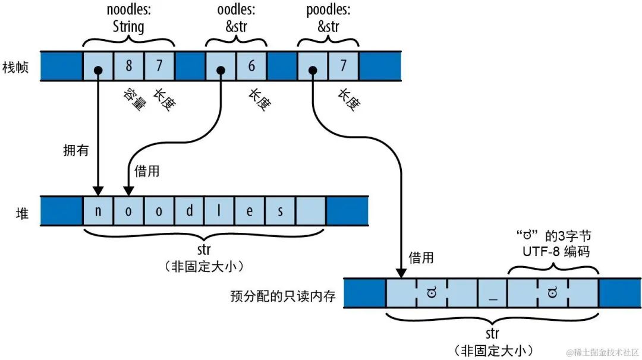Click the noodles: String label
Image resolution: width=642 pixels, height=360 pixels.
(128, 18)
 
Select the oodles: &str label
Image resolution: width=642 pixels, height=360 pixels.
(235, 18)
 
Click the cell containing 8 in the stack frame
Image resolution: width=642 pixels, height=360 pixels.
(128, 66)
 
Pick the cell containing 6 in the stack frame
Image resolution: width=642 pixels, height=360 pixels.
(251, 66)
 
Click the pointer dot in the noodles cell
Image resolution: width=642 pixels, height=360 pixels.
(97, 70)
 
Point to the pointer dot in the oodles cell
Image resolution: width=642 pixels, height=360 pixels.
(220, 70)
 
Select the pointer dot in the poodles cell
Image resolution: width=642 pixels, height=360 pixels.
(311, 70)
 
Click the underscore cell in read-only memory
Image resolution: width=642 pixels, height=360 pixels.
(493, 293)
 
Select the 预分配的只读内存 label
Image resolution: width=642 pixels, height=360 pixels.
(283, 295)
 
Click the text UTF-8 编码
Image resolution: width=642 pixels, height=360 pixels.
(553, 251)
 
